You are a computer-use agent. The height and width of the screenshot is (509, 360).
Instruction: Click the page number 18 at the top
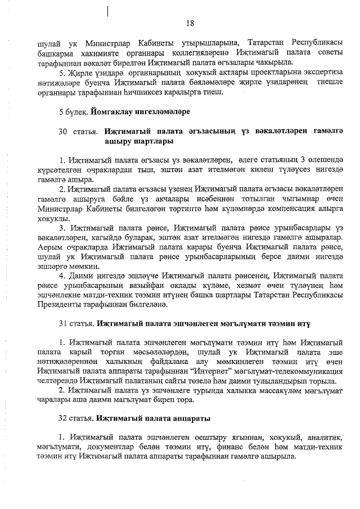(190, 23)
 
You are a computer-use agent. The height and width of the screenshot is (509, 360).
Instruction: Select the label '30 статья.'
(79, 131)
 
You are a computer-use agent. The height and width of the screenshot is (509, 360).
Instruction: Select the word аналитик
(319, 438)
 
